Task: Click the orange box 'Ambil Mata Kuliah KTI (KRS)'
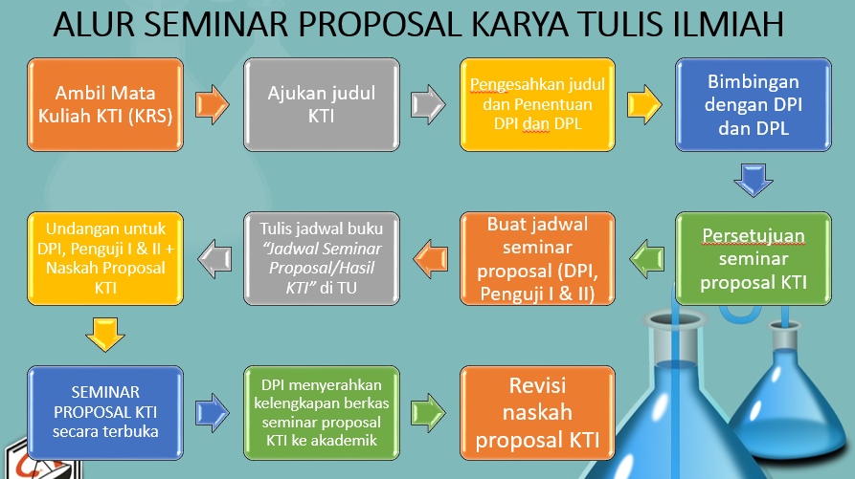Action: [x=105, y=104]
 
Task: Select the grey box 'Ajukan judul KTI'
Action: [x=322, y=104]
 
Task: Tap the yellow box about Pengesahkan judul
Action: [x=538, y=104]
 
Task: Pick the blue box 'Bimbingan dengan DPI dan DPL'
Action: [x=754, y=104]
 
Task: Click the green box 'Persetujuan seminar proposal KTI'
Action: [x=754, y=258]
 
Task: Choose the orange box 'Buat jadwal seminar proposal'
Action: [x=538, y=258]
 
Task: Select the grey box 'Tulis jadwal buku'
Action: [x=322, y=258]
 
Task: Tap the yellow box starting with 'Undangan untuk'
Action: [x=105, y=258]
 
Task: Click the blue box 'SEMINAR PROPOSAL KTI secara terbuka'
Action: [x=105, y=413]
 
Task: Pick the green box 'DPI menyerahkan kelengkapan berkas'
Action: [x=322, y=413]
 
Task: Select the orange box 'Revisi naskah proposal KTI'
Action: [x=538, y=413]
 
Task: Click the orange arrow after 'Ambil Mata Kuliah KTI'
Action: [x=213, y=104]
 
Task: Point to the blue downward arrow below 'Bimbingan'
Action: [x=754, y=180]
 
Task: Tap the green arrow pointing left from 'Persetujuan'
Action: [x=646, y=258]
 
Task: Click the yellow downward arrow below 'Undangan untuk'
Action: [x=105, y=335]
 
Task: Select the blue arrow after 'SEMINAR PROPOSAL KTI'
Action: [x=213, y=413]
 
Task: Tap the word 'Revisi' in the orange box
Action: [x=538, y=385]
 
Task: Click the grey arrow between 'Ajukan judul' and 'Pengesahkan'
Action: [x=428, y=104]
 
